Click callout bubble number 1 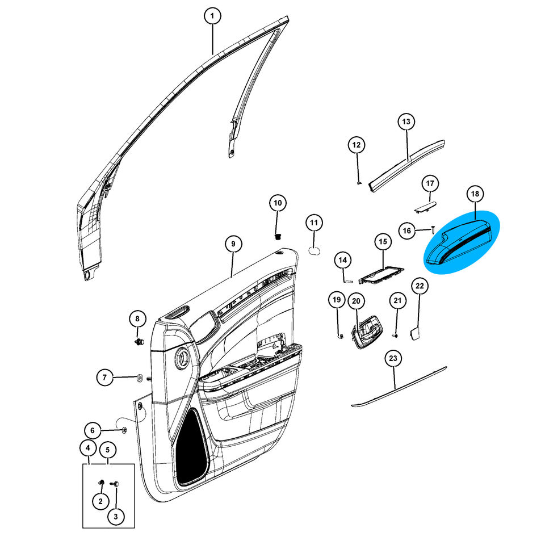point(212,16)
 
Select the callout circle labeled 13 point(406,121)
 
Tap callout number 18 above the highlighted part point(475,194)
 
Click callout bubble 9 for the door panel point(233,244)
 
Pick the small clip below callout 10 point(278,237)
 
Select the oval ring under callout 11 point(315,250)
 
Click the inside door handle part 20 point(367,332)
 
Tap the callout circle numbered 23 point(393,358)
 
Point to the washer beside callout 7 point(140,378)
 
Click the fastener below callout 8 point(140,342)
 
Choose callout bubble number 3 point(116,517)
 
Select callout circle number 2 point(100,501)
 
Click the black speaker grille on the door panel point(192,447)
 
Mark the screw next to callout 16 point(433,229)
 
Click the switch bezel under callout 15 point(381,274)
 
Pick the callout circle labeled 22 point(420,286)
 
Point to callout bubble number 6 point(92,430)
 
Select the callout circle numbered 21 point(397,301)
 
